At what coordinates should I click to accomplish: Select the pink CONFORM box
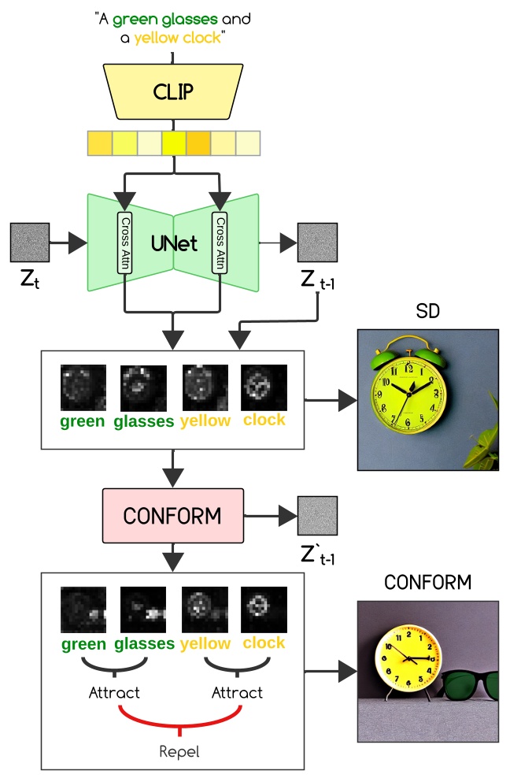pos(172,516)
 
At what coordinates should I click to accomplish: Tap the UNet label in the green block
pos(173,242)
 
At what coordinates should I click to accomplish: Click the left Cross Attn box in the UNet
pos(124,243)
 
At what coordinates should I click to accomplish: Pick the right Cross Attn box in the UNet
pos(220,243)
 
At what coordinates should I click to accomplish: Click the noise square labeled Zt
pos(30,243)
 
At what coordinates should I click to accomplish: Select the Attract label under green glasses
pos(114,693)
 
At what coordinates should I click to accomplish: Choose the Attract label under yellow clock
pos(237,693)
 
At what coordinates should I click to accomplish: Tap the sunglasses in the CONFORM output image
pos(469,683)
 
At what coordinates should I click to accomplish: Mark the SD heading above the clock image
pos(427,312)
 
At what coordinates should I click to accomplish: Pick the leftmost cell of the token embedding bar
pos(100,143)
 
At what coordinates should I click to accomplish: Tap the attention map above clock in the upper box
pos(264,387)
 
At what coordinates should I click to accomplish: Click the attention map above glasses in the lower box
pos(142,609)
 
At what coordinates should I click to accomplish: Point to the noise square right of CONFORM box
pos(317,516)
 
